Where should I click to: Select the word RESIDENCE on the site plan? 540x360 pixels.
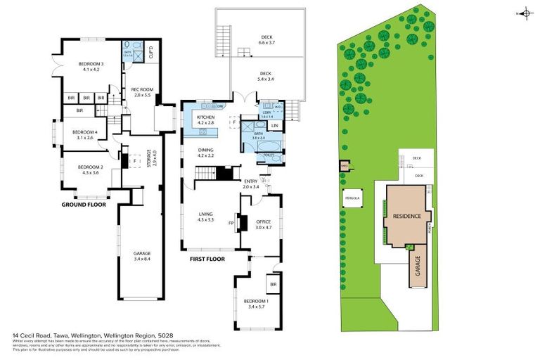(406, 217)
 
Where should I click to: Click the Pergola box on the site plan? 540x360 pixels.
(352, 199)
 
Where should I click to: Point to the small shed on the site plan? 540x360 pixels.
(345, 166)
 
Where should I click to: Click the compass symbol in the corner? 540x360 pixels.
(527, 13)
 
